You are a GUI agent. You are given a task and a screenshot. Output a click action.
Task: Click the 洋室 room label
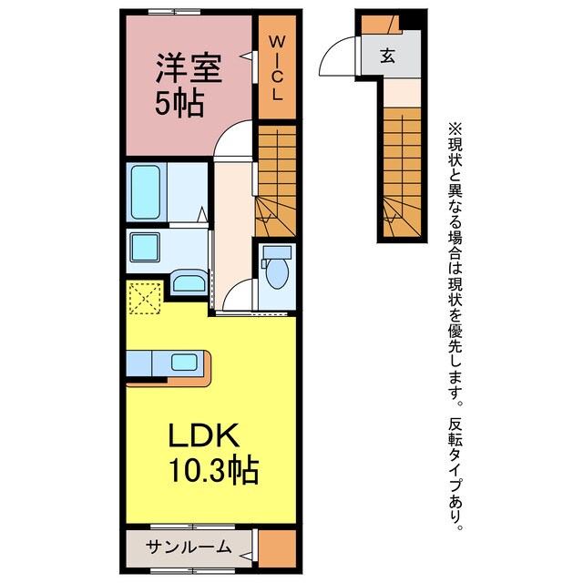189,68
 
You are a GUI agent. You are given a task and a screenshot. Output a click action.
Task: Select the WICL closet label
277,68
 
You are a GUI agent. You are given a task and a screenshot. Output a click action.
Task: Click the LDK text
204,435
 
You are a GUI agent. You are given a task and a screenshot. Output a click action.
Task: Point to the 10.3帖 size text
214,469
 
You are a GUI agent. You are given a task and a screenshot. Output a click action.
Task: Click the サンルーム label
189,547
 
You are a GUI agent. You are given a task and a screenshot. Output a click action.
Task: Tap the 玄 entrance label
387,56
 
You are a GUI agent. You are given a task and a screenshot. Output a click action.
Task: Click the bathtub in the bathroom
146,192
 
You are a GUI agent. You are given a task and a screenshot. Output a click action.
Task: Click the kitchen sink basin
184,363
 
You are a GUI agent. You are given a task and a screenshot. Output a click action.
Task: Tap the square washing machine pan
145,247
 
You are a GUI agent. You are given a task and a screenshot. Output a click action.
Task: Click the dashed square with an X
146,298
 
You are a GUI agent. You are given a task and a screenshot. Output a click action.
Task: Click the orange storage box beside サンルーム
277,548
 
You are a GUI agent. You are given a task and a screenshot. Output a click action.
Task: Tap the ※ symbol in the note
455,129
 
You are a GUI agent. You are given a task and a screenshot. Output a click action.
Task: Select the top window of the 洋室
174,12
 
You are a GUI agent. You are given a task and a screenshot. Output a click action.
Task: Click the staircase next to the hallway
275,180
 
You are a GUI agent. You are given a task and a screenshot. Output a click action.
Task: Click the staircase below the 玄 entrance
402,172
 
